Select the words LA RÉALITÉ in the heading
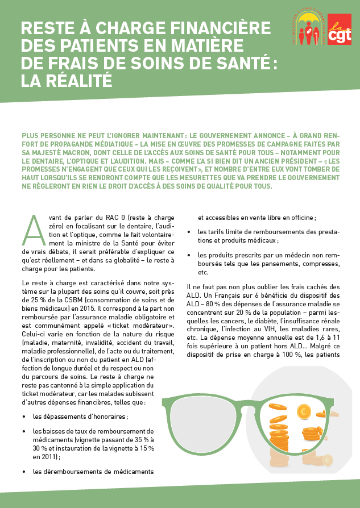point(66,81)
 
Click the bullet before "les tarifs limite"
point(189,231)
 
